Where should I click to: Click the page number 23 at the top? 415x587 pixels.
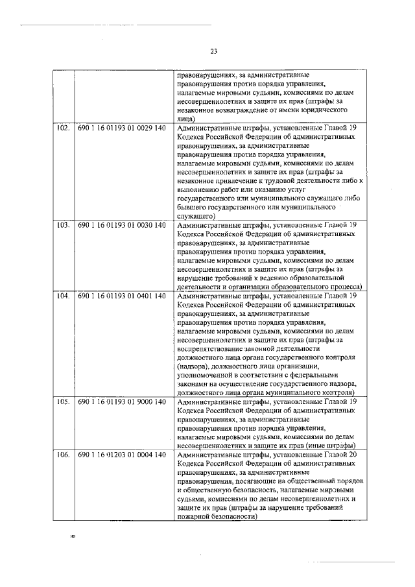click(213, 51)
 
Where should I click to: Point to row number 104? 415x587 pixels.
click(63, 296)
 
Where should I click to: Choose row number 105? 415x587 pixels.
click(63, 402)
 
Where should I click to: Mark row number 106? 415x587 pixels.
click(63, 455)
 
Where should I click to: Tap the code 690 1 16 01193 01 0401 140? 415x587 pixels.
click(121, 296)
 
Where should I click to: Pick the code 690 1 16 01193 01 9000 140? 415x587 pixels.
click(121, 402)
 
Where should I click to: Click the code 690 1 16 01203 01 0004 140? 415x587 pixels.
click(121, 455)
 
